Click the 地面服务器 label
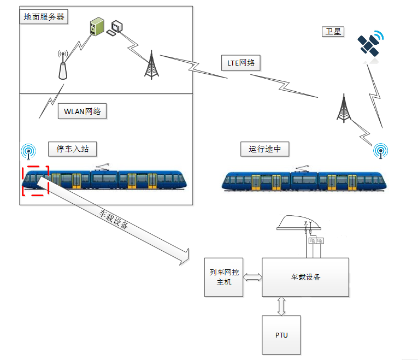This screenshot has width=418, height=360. [44, 17]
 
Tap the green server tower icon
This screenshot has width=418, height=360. [97, 26]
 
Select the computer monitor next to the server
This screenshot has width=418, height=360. [116, 27]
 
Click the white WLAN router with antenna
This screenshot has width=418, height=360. [62, 66]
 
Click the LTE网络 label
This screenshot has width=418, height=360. [241, 63]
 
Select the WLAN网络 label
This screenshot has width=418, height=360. [82, 112]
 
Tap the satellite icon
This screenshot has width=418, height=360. [370, 44]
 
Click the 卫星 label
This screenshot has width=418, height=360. [333, 32]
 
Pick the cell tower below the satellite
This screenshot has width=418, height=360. [343, 108]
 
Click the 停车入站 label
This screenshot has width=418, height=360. [73, 149]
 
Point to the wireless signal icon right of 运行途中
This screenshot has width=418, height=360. [380, 150]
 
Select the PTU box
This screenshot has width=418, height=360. [281, 334]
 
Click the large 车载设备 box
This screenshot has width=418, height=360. [305, 277]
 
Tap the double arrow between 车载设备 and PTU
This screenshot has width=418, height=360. [281, 306]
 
